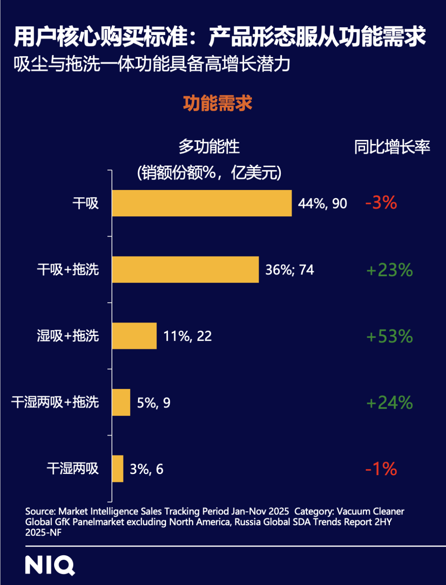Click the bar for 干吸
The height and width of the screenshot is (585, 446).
coord(202,203)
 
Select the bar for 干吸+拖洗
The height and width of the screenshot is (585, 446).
coord(185,270)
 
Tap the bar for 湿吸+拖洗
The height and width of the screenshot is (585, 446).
coord(134,336)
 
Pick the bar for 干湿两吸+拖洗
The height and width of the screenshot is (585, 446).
coord(121,402)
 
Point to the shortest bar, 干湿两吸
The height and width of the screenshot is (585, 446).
coord(118,469)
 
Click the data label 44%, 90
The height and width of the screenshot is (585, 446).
coord(323,204)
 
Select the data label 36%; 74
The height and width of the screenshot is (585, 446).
coord(289,270)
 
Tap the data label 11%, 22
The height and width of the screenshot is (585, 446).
coord(187,336)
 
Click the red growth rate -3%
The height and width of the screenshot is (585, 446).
coord(381,203)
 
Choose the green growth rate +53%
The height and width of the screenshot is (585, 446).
coord(389,336)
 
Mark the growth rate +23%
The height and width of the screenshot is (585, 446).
coord(389,270)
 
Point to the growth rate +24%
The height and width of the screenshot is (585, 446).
coord(389,403)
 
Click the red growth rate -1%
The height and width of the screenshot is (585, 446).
coord(381,469)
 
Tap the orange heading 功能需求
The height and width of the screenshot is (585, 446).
coord(218,103)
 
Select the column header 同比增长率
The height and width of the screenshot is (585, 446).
coord(392,147)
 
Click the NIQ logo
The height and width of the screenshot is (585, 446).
coord(50,565)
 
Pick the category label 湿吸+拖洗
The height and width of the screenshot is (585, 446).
coord(68,336)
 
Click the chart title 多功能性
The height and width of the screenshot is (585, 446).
coord(209,147)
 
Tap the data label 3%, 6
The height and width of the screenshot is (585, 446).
coord(147,469)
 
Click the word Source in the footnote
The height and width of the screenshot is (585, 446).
coord(40,512)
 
